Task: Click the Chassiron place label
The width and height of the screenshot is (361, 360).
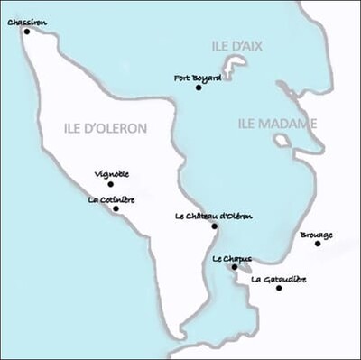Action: (x=26, y=23)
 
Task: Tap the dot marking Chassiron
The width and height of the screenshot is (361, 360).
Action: (x=26, y=32)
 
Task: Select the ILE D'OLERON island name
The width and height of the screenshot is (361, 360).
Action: (x=106, y=128)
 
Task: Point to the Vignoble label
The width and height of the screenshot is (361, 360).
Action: (x=112, y=174)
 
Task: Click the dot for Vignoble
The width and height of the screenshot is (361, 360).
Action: (x=111, y=184)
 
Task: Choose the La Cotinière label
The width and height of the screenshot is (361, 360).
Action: (x=112, y=199)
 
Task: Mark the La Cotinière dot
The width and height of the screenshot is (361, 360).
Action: (x=116, y=208)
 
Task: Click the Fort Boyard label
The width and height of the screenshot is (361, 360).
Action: (x=198, y=78)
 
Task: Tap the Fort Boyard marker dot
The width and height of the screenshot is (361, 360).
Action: (x=199, y=88)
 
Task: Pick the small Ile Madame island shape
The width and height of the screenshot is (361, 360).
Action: (x=282, y=141)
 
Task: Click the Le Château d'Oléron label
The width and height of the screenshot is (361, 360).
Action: (x=214, y=216)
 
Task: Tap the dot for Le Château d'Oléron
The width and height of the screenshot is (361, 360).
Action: (x=214, y=226)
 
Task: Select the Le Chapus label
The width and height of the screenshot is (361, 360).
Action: (x=232, y=258)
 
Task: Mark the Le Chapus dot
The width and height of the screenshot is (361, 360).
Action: (x=235, y=267)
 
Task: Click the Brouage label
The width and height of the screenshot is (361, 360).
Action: (x=316, y=235)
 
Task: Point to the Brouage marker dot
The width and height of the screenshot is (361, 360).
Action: (x=318, y=244)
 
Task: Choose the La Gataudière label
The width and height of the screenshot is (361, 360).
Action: (x=279, y=279)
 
